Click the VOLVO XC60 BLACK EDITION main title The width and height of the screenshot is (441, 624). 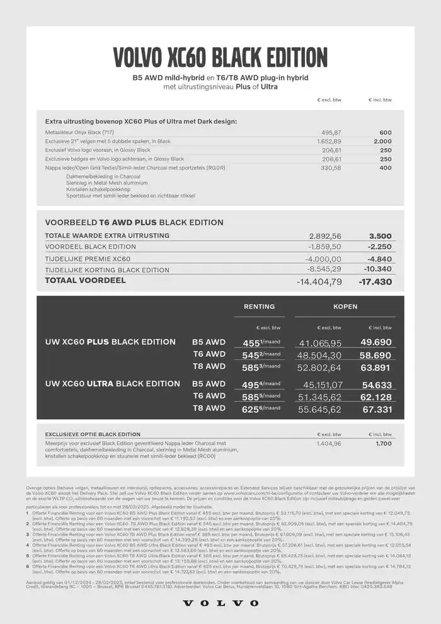point(220,57)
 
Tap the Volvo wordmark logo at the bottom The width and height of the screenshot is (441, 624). point(220,603)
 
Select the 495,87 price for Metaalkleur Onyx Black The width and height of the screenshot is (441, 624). point(331,132)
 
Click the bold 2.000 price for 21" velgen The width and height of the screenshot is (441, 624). point(382,142)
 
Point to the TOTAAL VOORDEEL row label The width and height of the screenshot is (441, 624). point(85,280)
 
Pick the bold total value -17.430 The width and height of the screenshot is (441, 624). point(375,282)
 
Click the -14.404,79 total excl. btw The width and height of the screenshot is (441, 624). point(319,282)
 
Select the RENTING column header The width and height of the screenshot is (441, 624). point(259,307)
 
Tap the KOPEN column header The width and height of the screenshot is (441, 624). point(345,307)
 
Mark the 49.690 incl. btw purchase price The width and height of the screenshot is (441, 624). point(376,342)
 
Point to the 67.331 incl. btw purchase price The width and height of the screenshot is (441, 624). point(376,410)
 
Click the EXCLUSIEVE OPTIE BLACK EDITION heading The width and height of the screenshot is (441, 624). point(93,434)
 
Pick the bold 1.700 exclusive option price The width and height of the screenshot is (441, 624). point(383,444)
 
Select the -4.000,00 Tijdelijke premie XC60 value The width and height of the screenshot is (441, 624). point(323,259)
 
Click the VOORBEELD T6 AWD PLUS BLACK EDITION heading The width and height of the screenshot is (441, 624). point(134,222)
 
